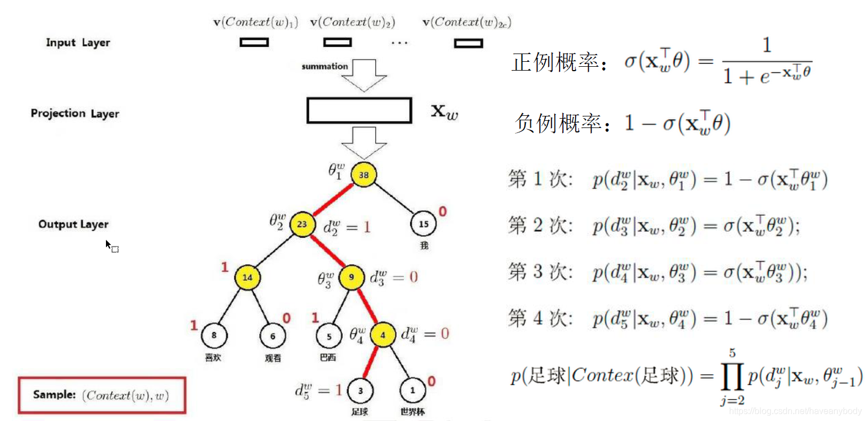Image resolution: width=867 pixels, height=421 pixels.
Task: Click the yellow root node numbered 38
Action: pyautogui.click(x=364, y=175)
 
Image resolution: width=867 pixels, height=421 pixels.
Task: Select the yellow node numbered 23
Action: pyautogui.click(x=302, y=224)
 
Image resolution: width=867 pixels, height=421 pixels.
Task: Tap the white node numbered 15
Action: pyautogui.click(x=423, y=224)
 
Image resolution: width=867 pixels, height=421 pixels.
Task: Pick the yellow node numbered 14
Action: pyautogui.click(x=247, y=277)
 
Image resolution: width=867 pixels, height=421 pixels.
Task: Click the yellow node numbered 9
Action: pyautogui.click(x=352, y=277)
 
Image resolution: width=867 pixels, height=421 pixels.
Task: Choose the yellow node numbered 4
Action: pyautogui.click(x=382, y=334)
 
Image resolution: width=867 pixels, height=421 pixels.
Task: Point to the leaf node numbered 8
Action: pyautogui.click(x=214, y=335)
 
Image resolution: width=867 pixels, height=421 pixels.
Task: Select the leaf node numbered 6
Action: pyautogui.click(x=273, y=335)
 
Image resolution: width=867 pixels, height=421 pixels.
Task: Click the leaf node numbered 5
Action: pyautogui.click(x=329, y=335)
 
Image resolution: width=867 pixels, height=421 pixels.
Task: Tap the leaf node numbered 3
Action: pyautogui.click(x=360, y=391)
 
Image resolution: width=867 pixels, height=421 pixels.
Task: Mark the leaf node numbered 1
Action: pyautogui.click(x=412, y=391)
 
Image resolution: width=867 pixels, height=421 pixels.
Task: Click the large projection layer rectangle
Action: pyautogui.click(x=359, y=110)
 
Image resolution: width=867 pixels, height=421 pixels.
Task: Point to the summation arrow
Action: pyautogui.click(x=364, y=75)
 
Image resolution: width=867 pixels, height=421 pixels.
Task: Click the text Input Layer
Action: pyautogui.click(x=78, y=42)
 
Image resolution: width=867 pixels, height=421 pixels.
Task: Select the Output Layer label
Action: pyautogui.click(x=73, y=224)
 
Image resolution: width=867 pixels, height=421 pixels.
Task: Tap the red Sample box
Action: pyautogui.click(x=102, y=395)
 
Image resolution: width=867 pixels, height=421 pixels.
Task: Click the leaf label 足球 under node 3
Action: pyautogui.click(x=360, y=412)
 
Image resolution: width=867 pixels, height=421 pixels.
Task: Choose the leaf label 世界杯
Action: pyautogui.click(x=412, y=412)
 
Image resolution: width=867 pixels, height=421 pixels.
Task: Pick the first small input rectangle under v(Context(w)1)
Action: pyautogui.click(x=254, y=42)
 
